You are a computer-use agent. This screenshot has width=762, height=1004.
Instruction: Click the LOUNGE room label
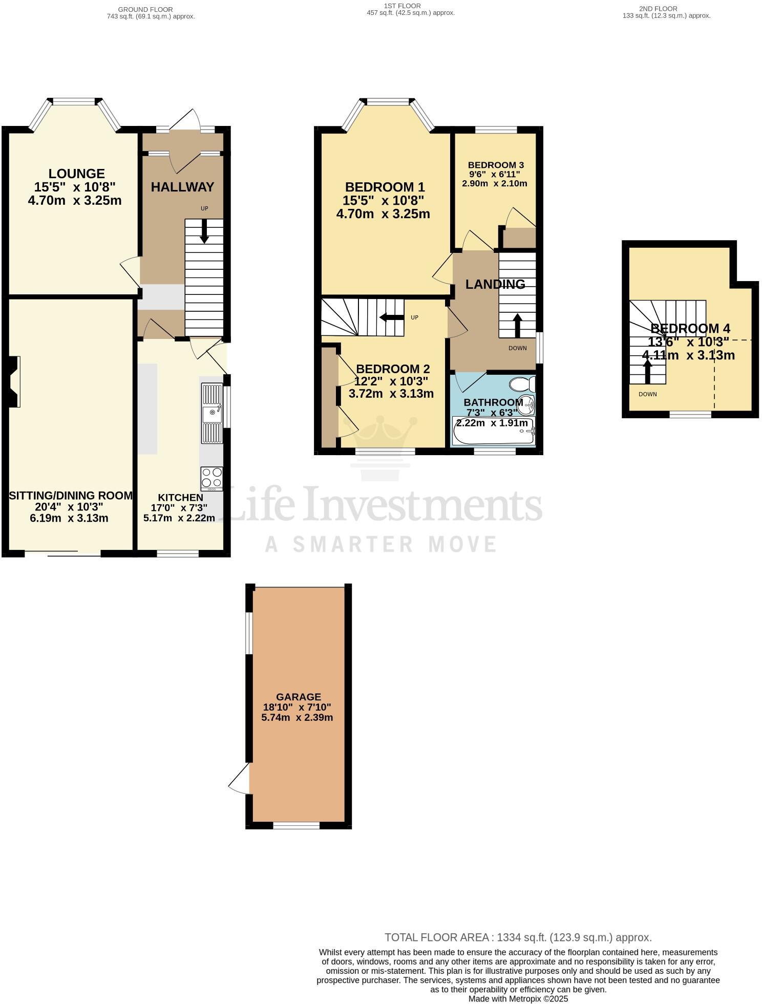[76, 174]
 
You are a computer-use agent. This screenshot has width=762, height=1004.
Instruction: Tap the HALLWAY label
[182, 187]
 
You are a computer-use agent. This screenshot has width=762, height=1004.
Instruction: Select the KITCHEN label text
[180, 497]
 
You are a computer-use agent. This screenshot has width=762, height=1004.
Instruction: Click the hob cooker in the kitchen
[211, 478]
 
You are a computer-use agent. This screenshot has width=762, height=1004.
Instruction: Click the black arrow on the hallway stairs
[204, 231]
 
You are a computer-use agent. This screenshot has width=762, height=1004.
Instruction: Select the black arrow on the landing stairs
[517, 325]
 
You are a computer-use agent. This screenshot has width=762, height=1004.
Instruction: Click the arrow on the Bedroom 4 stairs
[647, 372]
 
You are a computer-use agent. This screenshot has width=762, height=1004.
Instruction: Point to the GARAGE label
[299, 697]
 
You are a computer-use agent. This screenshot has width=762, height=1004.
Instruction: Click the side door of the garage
[239, 779]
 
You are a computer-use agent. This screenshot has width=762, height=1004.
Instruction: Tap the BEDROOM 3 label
[496, 165]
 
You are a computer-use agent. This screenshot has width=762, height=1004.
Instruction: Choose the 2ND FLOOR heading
[658, 9]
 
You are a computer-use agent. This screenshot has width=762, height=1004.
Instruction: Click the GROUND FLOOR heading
[145, 9]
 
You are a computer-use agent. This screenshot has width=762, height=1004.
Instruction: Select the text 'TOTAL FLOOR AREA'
[437, 937]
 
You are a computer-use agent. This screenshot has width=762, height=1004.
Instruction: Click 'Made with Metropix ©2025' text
[518, 998]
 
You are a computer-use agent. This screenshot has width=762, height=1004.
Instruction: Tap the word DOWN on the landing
[518, 348]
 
